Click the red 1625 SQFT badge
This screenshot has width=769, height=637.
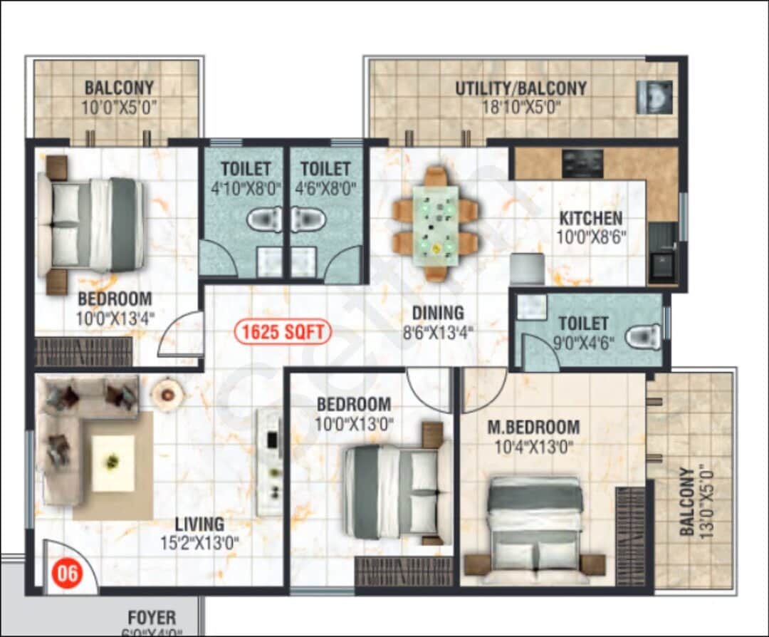click(283, 331)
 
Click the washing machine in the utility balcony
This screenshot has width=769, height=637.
click(654, 97)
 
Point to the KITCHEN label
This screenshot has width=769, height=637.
click(590, 218)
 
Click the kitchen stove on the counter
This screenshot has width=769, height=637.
click(582, 163)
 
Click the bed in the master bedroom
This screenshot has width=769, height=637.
click(536, 524)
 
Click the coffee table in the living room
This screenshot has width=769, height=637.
click(113, 463)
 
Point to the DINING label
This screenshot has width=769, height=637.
click(438, 313)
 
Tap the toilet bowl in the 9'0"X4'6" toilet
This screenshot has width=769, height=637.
click(646, 336)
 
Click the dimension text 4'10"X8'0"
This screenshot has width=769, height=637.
click(246, 189)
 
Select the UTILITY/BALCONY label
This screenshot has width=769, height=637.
click(521, 88)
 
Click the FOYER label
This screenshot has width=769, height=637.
click(152, 617)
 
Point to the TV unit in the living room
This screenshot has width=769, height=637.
click(269, 461)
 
